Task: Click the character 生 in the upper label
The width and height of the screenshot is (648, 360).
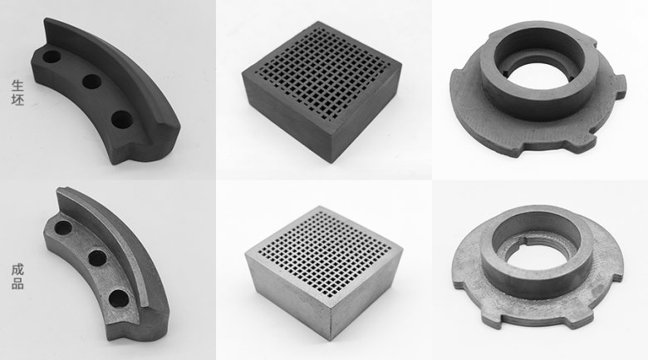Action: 17,85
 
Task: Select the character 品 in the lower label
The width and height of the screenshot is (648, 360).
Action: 17,283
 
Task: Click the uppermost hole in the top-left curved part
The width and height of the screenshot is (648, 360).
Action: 52,58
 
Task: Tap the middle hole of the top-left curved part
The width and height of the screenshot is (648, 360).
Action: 91,82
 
